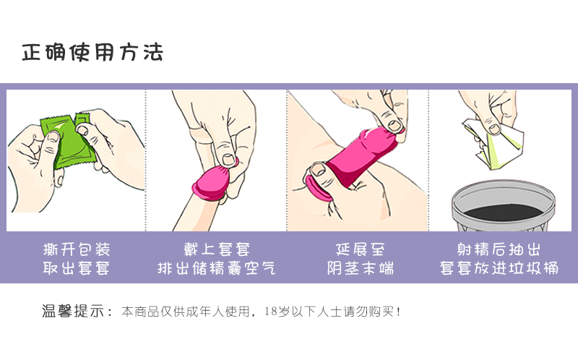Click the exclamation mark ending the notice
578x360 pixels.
click(398, 312)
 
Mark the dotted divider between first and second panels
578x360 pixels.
click(146, 159)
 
